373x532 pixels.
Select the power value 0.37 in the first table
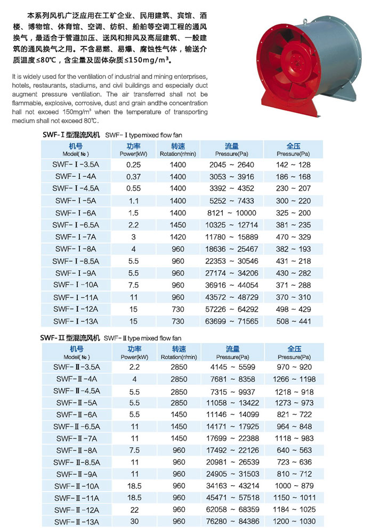click(x=133, y=177)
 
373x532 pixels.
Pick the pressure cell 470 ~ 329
click(x=294, y=236)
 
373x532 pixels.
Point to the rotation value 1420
click(x=178, y=236)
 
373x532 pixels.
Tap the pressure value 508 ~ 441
click(x=294, y=321)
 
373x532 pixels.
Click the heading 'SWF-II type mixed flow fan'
click(x=151, y=338)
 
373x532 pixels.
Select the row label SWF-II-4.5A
click(x=78, y=391)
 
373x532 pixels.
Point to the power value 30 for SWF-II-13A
click(x=134, y=521)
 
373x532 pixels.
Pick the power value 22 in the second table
click(x=134, y=510)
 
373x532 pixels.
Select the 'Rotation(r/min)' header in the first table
click(x=178, y=154)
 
